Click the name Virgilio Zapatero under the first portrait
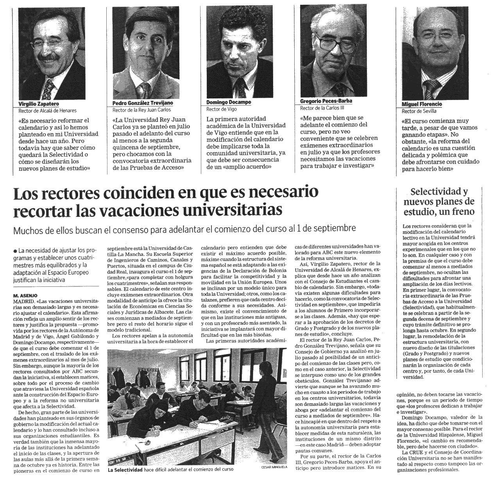pyautogui.click(x=39, y=104)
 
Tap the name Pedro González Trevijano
pyautogui.click(x=142, y=103)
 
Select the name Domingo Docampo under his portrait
pyautogui.click(x=229, y=102)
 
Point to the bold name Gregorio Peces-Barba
pyautogui.click(x=326, y=101)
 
